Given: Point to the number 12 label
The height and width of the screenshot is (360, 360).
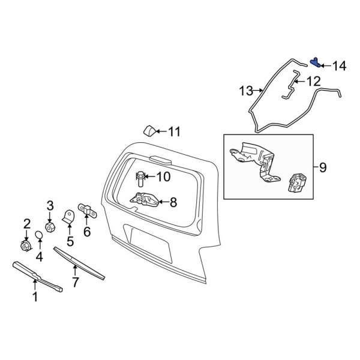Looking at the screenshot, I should [x=313, y=80].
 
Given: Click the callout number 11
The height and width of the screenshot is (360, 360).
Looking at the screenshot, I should [x=174, y=131].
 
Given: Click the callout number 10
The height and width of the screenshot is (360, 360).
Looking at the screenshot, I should [x=163, y=176].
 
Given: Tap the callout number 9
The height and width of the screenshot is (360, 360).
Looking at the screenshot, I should [x=322, y=169].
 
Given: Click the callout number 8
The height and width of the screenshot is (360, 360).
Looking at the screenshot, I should [x=173, y=203].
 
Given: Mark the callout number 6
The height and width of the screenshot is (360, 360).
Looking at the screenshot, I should [x=86, y=232].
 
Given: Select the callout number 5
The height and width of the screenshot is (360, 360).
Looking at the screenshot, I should [x=70, y=242].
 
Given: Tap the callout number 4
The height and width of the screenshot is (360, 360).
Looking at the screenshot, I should [x=40, y=257].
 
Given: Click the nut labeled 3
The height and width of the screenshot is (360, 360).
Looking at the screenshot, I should [x=50, y=227].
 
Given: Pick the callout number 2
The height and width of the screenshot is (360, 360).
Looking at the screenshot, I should [x=26, y=224].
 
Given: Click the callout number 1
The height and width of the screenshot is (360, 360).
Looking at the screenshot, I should [x=35, y=296].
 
